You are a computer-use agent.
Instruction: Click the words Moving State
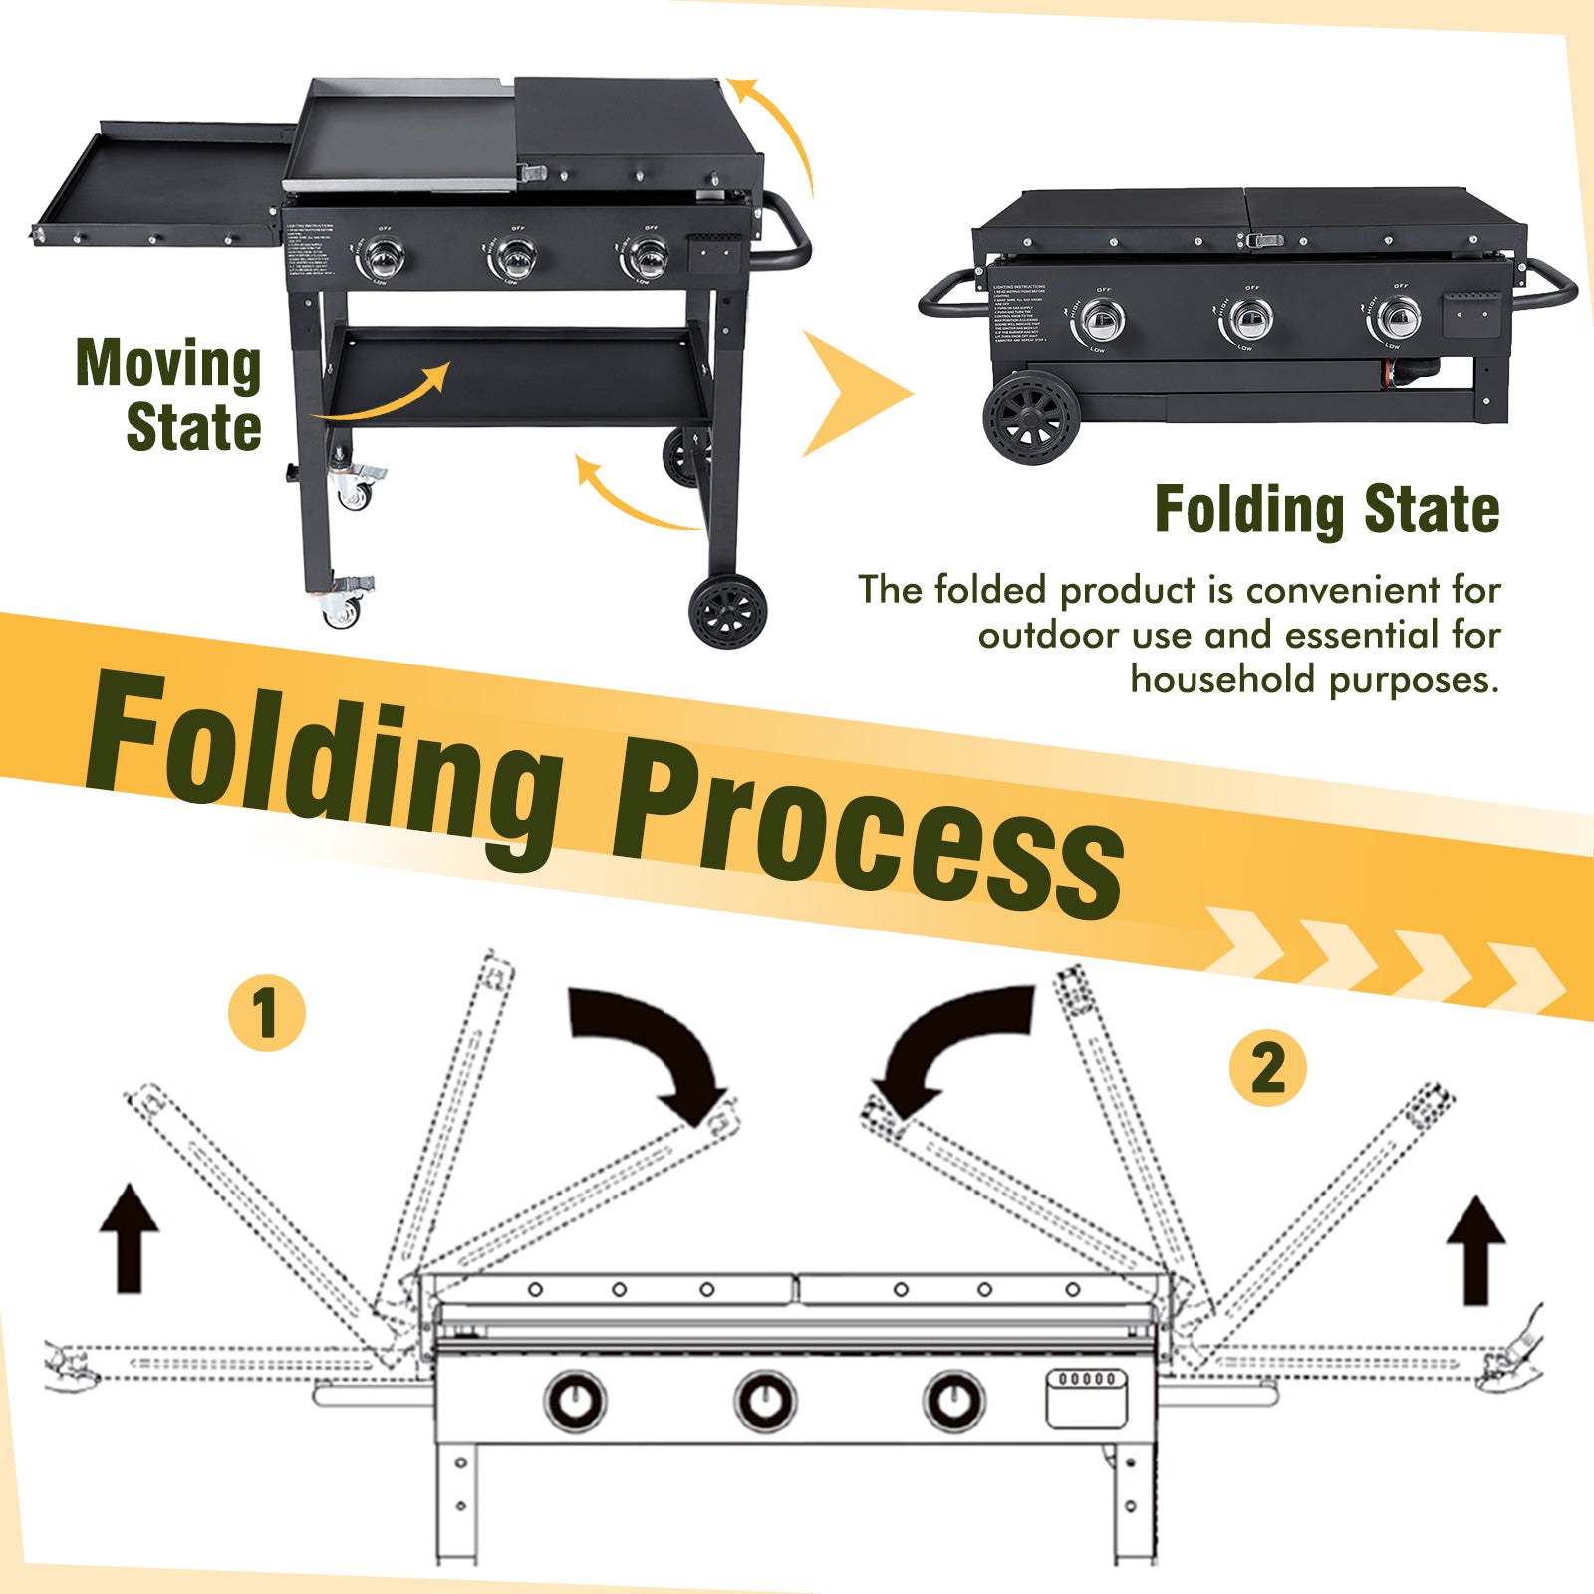(x=169, y=396)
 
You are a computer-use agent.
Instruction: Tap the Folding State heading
(x=1326, y=509)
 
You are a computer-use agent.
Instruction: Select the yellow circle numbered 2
(x=1267, y=1068)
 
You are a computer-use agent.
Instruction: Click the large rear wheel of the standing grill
(x=728, y=610)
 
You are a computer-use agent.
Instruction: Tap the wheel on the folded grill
(x=1032, y=417)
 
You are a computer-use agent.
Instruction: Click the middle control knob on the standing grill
(x=513, y=260)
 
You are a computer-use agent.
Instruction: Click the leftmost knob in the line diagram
(x=575, y=1400)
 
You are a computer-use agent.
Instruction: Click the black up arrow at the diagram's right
(x=1475, y=1250)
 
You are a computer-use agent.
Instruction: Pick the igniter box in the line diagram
(x=1086, y=1397)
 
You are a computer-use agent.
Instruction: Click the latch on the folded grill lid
(x=1264, y=240)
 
